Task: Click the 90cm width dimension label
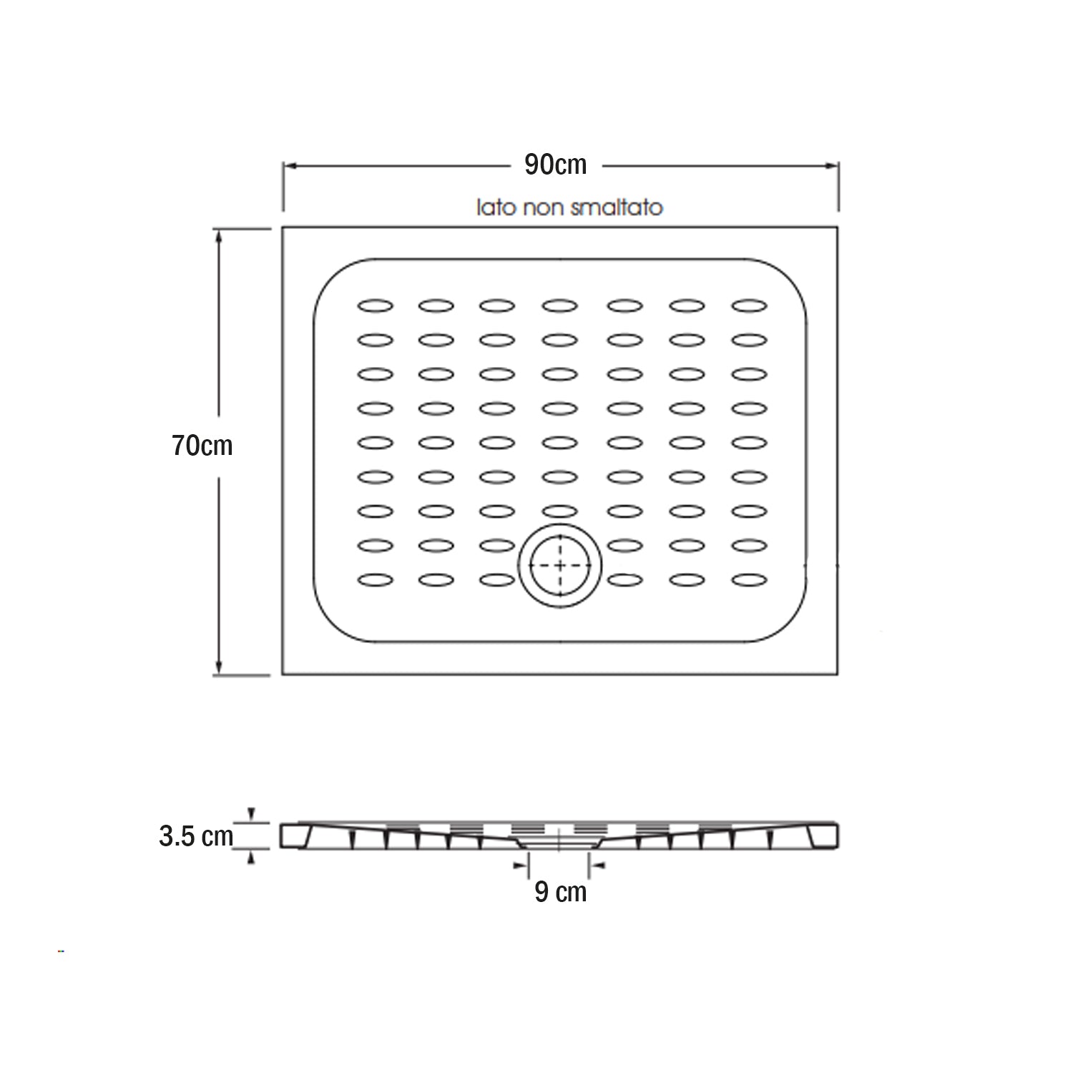555,165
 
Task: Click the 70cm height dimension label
202,446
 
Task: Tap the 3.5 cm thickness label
195,836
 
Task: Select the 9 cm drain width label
560,892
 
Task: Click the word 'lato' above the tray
496,207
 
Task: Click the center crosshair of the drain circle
560,564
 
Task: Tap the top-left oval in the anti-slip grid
376,306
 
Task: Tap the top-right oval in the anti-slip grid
749,306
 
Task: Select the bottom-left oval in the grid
376,579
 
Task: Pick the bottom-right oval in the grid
749,579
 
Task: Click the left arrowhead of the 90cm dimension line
288,166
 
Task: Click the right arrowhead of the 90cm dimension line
833,166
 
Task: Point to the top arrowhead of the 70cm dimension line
218,234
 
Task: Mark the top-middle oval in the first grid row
559,306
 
